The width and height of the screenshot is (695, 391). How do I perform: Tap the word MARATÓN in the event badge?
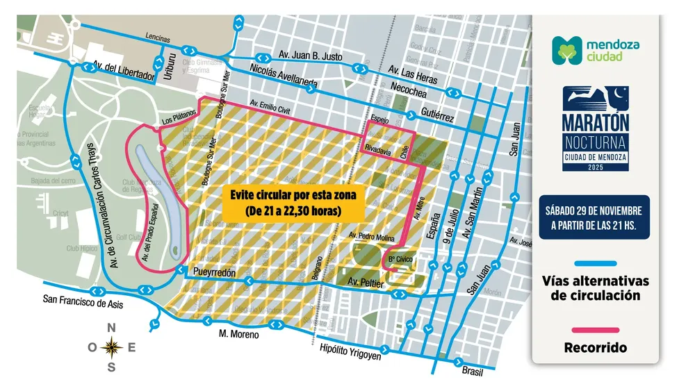click(596, 119)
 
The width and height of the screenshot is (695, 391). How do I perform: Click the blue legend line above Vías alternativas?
click(596, 263)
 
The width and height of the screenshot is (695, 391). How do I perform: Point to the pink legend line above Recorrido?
click(596, 330)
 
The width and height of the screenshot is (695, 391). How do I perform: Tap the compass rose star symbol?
click(111, 347)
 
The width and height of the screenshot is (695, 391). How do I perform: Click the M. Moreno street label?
click(238, 335)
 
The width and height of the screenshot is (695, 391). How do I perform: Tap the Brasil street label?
click(472, 372)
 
